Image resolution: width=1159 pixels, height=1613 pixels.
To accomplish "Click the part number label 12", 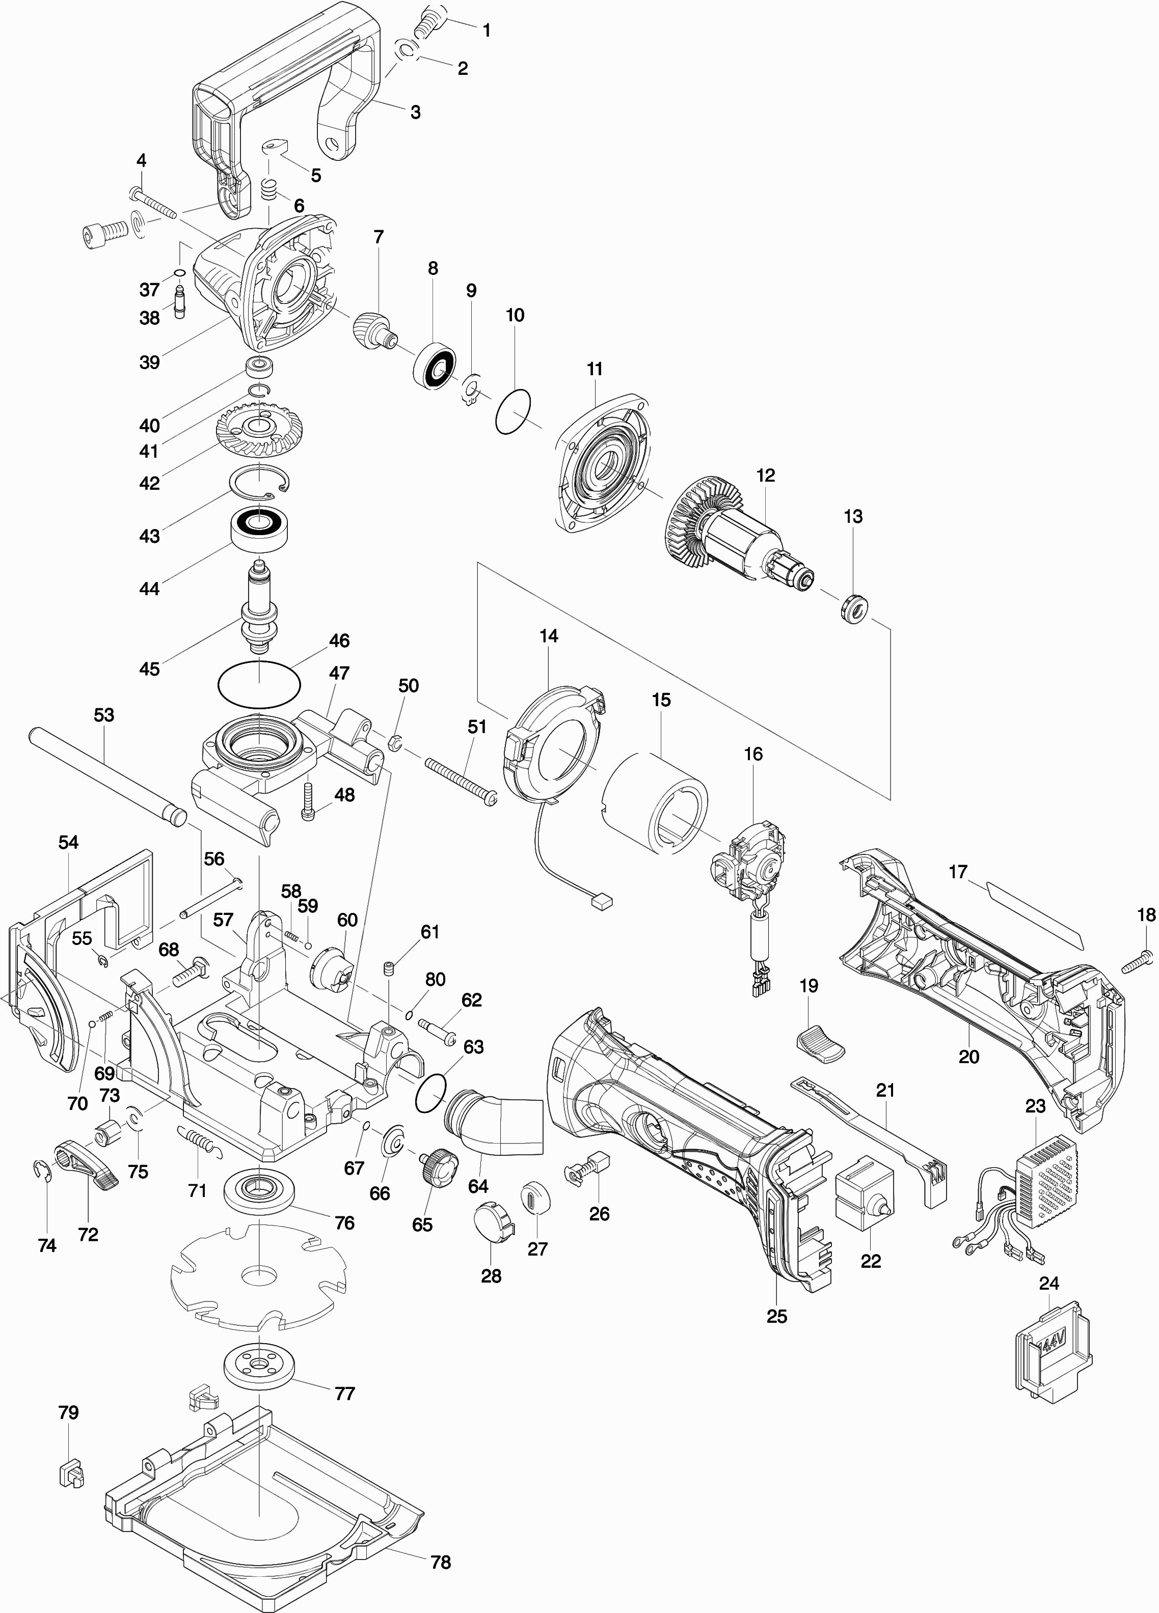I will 766,475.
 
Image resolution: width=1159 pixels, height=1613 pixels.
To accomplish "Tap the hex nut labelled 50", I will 393,744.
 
